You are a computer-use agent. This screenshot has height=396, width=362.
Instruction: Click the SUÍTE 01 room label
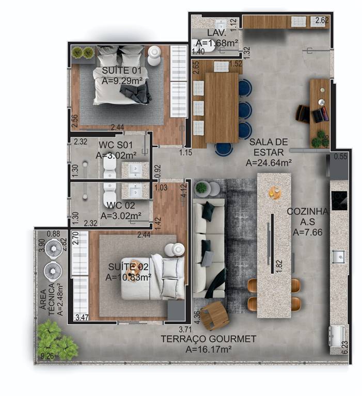pyautogui.click(x=121, y=70)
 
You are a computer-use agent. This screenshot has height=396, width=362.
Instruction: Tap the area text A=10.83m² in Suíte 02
pyautogui.click(x=129, y=277)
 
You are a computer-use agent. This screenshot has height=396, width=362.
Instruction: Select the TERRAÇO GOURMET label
pyautogui.click(x=209, y=339)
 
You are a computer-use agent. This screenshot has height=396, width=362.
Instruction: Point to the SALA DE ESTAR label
pyautogui.click(x=269, y=147)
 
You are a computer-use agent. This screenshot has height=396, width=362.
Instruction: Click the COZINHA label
pyautogui.click(x=307, y=211)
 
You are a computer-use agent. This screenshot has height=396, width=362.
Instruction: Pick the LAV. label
pyautogui.click(x=216, y=32)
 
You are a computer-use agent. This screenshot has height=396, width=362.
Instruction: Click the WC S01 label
pyautogui.click(x=116, y=145)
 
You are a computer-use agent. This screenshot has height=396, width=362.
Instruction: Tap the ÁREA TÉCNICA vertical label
pyautogui.click(x=48, y=299)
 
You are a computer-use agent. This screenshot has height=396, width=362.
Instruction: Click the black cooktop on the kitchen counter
pyautogui.click(x=339, y=201)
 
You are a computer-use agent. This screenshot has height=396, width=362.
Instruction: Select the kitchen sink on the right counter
pyautogui.click(x=338, y=256)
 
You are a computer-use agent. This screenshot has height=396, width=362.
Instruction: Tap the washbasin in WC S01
pyautogui.click(x=135, y=170)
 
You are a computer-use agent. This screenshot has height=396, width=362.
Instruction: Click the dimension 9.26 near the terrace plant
pyautogui.click(x=48, y=356)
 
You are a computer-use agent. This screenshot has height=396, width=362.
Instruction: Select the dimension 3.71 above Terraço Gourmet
pyautogui.click(x=185, y=329)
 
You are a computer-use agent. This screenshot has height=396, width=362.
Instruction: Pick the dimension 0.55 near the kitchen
pyautogui.click(x=340, y=156)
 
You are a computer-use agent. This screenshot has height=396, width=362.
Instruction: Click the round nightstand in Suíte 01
pyautogui.click(x=154, y=56)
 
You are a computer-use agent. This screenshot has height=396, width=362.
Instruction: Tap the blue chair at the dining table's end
pyautogui.click(x=224, y=148)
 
